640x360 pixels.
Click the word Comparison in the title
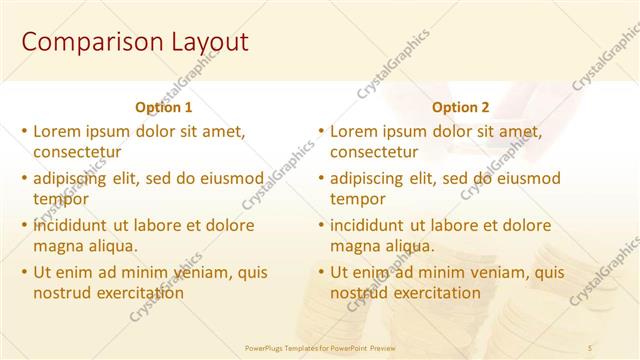[x=81, y=42]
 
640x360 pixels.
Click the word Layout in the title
[x=196, y=42]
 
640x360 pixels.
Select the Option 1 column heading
[x=164, y=107]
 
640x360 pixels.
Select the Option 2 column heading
[x=461, y=107]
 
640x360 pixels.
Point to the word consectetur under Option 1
[x=77, y=152]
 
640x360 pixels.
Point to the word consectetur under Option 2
[x=374, y=152]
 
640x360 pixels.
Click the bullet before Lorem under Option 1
[x=24, y=131]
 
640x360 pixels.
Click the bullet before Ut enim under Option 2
[x=321, y=272]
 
